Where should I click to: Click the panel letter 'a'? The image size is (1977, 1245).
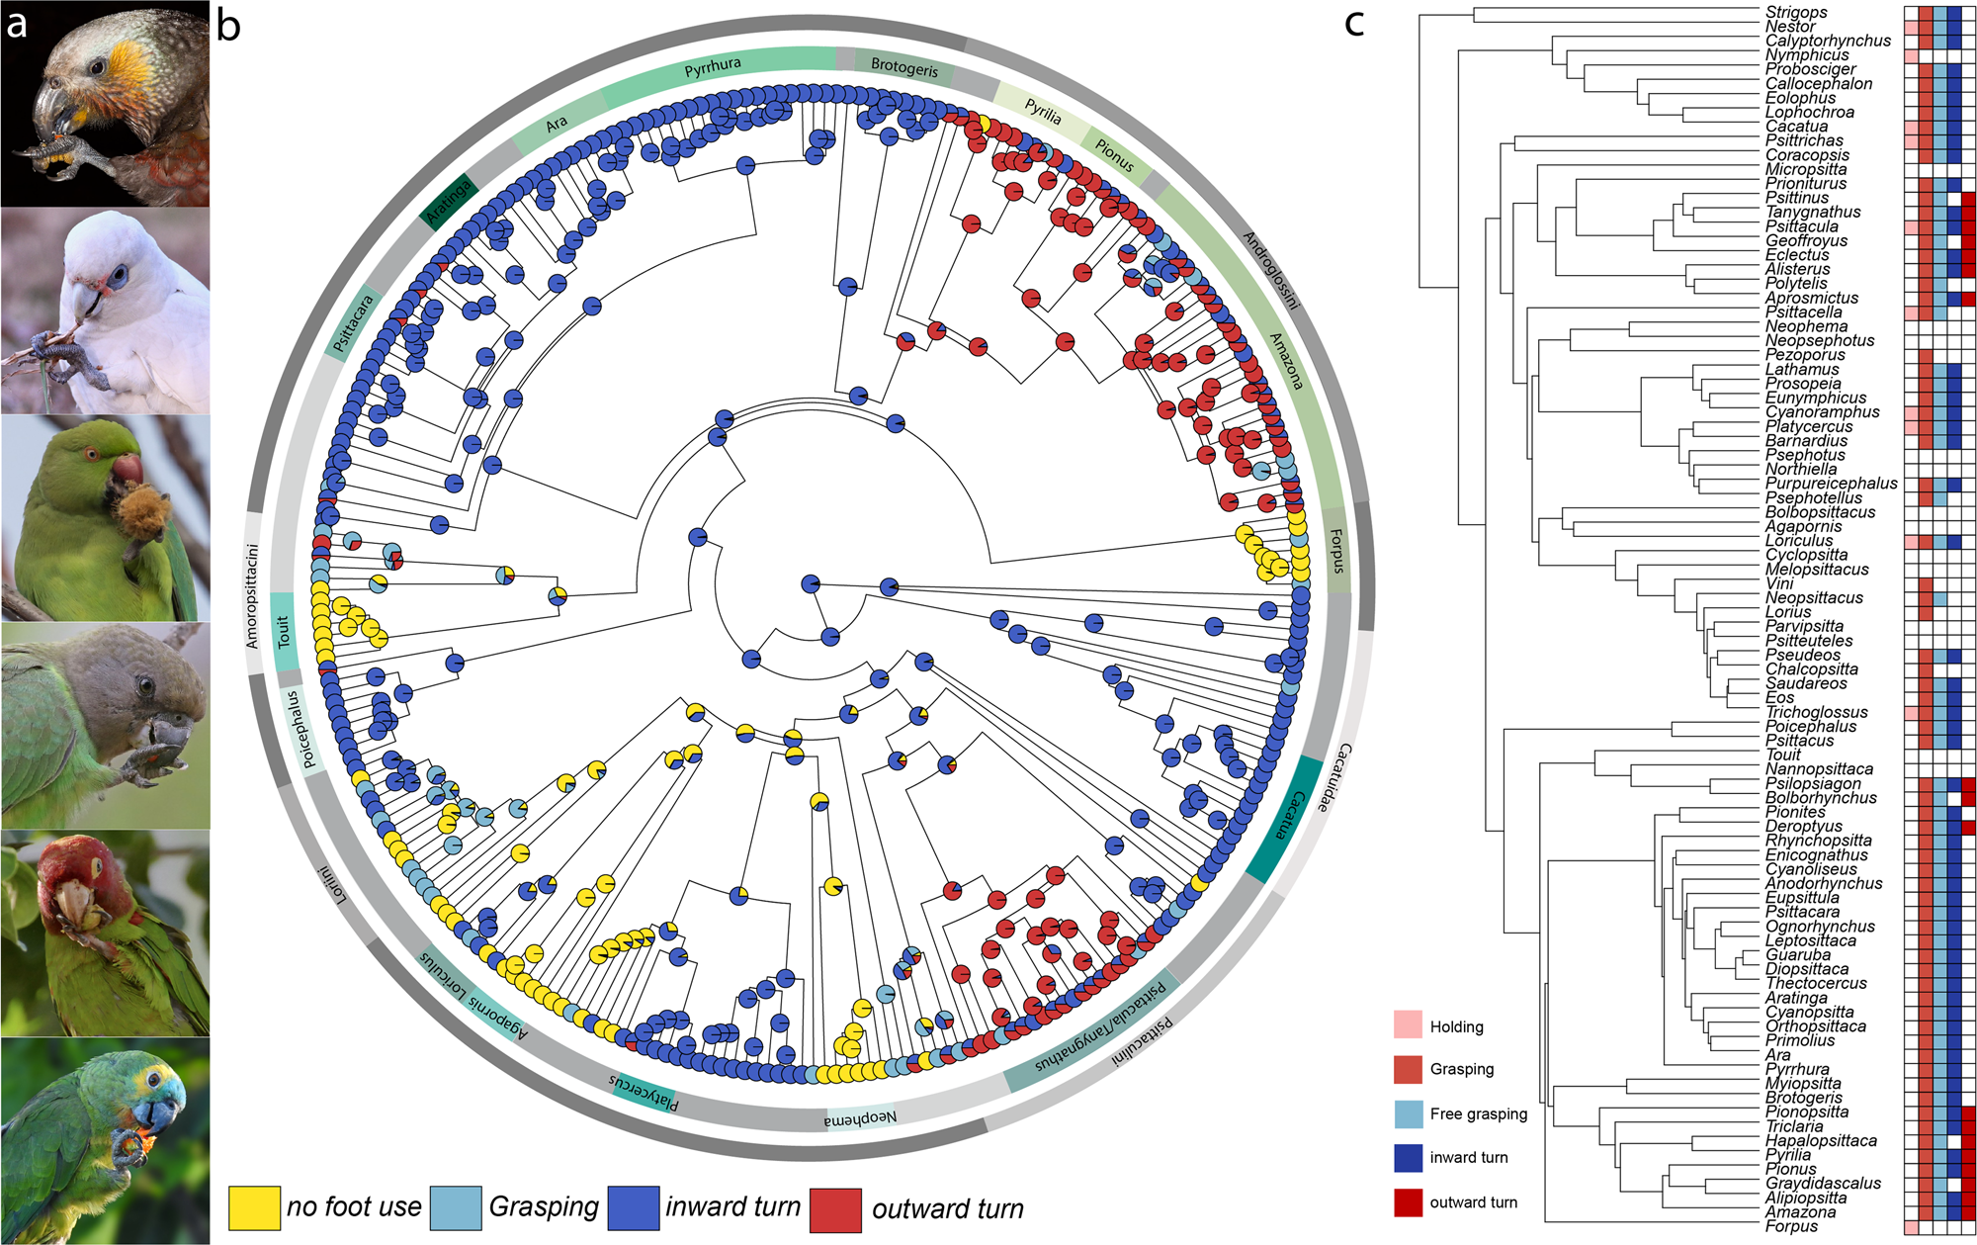point(17,24)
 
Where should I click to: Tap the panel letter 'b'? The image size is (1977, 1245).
point(228,26)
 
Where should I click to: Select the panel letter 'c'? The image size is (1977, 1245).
point(1354,22)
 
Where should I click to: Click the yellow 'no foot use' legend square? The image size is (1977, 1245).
point(254,1207)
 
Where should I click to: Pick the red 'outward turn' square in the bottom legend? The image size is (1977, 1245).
point(835,1208)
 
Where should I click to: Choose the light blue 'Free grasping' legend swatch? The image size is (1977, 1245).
point(1409,1113)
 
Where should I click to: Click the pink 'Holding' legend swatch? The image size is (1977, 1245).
point(1409,1025)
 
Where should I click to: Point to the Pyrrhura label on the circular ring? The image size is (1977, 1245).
point(713,67)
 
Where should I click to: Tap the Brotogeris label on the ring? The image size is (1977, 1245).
point(904,67)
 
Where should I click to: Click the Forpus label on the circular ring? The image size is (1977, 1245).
point(1335,551)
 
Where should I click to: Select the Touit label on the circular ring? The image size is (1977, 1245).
point(284,631)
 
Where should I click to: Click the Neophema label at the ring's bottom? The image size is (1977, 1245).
point(861,1118)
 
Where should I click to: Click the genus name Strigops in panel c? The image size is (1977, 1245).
point(1796,13)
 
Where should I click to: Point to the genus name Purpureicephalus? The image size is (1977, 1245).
point(1831,484)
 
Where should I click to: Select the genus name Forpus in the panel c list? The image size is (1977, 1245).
point(1791,1226)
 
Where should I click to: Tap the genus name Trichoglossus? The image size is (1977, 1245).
point(1816,712)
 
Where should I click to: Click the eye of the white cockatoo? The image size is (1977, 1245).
point(119,278)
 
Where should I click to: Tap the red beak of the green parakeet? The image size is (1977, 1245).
point(127,469)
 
